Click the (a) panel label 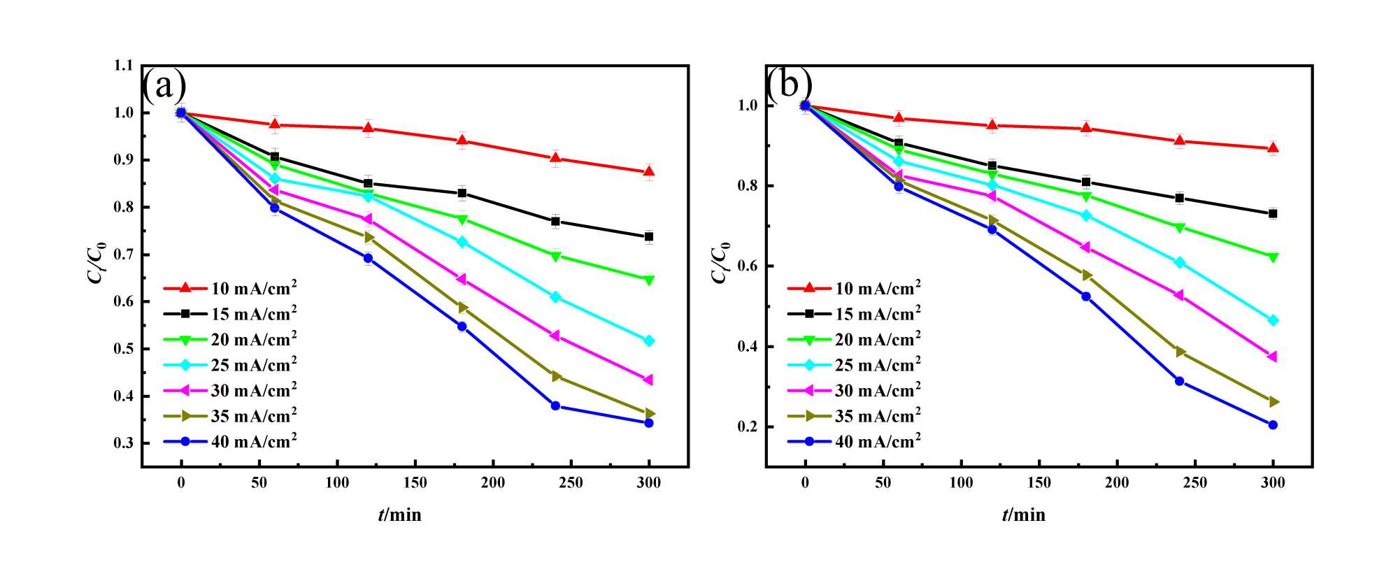[165, 86]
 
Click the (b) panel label [789, 85]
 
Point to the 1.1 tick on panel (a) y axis [123, 66]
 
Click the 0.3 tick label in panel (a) [123, 443]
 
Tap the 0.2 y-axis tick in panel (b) [748, 427]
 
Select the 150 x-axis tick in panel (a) [415, 483]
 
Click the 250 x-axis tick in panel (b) [1195, 483]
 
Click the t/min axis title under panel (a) [400, 515]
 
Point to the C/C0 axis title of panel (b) [720, 263]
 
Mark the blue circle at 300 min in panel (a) [649, 423]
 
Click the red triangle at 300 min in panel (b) [1273, 148]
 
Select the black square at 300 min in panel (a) [649, 237]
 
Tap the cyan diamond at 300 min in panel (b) [1273, 320]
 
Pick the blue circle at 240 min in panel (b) [1180, 381]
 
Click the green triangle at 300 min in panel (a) [649, 280]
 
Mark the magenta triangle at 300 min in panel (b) [1272, 357]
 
